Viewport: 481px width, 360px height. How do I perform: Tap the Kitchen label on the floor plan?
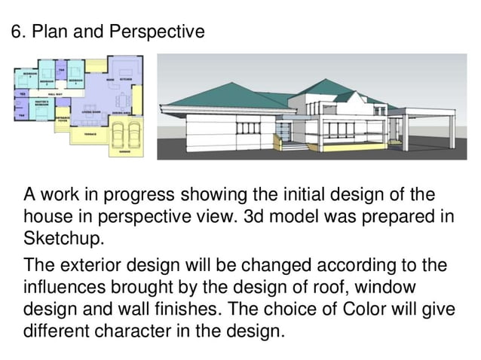(x=124, y=78)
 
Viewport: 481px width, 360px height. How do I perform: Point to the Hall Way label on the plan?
(x=55, y=93)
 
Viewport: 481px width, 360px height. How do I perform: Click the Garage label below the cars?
(x=124, y=153)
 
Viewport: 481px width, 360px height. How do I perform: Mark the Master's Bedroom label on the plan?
(x=41, y=102)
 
